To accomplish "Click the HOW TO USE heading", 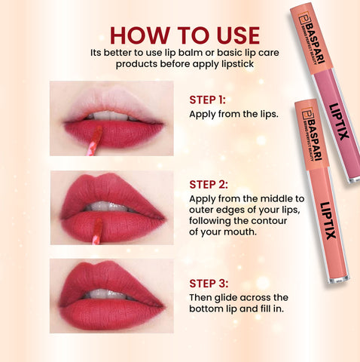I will [185, 35].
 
